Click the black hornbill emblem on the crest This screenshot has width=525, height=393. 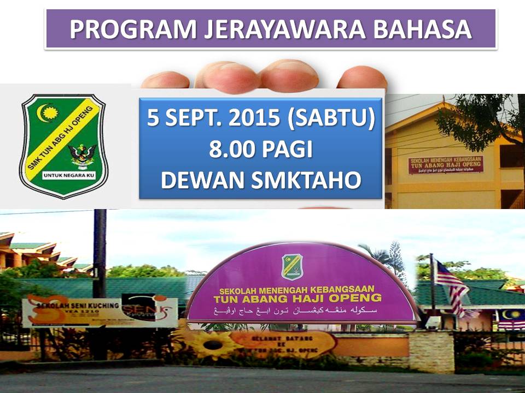(83, 156)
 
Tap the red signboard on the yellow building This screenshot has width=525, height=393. (446, 164)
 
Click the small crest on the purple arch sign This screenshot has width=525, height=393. (291, 265)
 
